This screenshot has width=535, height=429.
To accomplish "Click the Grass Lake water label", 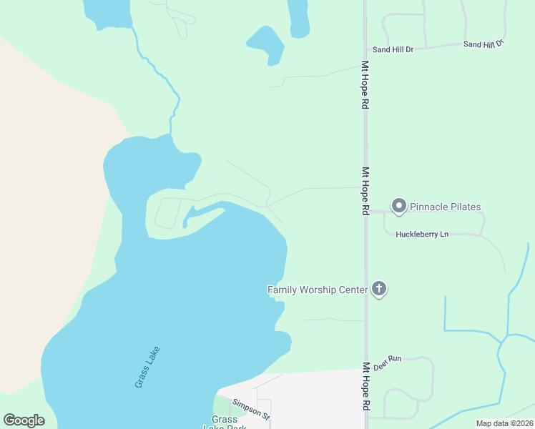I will coord(147,368).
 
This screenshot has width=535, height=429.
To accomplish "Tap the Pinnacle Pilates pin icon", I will coord(398,207).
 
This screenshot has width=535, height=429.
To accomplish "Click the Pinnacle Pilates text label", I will coord(445,207).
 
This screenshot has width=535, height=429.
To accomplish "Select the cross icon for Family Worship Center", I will coord(378,289).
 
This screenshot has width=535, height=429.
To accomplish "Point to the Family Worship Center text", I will coord(317,290).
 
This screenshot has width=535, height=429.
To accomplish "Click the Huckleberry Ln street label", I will coord(422,235).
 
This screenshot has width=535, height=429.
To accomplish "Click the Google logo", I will coord(24,420).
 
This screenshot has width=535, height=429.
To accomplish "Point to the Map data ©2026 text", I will coord(504,423).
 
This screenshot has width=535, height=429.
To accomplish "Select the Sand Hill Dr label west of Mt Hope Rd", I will coord(393,50).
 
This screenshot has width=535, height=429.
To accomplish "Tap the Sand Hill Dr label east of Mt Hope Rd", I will coord(484,44).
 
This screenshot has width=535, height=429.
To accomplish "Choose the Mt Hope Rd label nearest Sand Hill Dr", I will coord(365,84).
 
